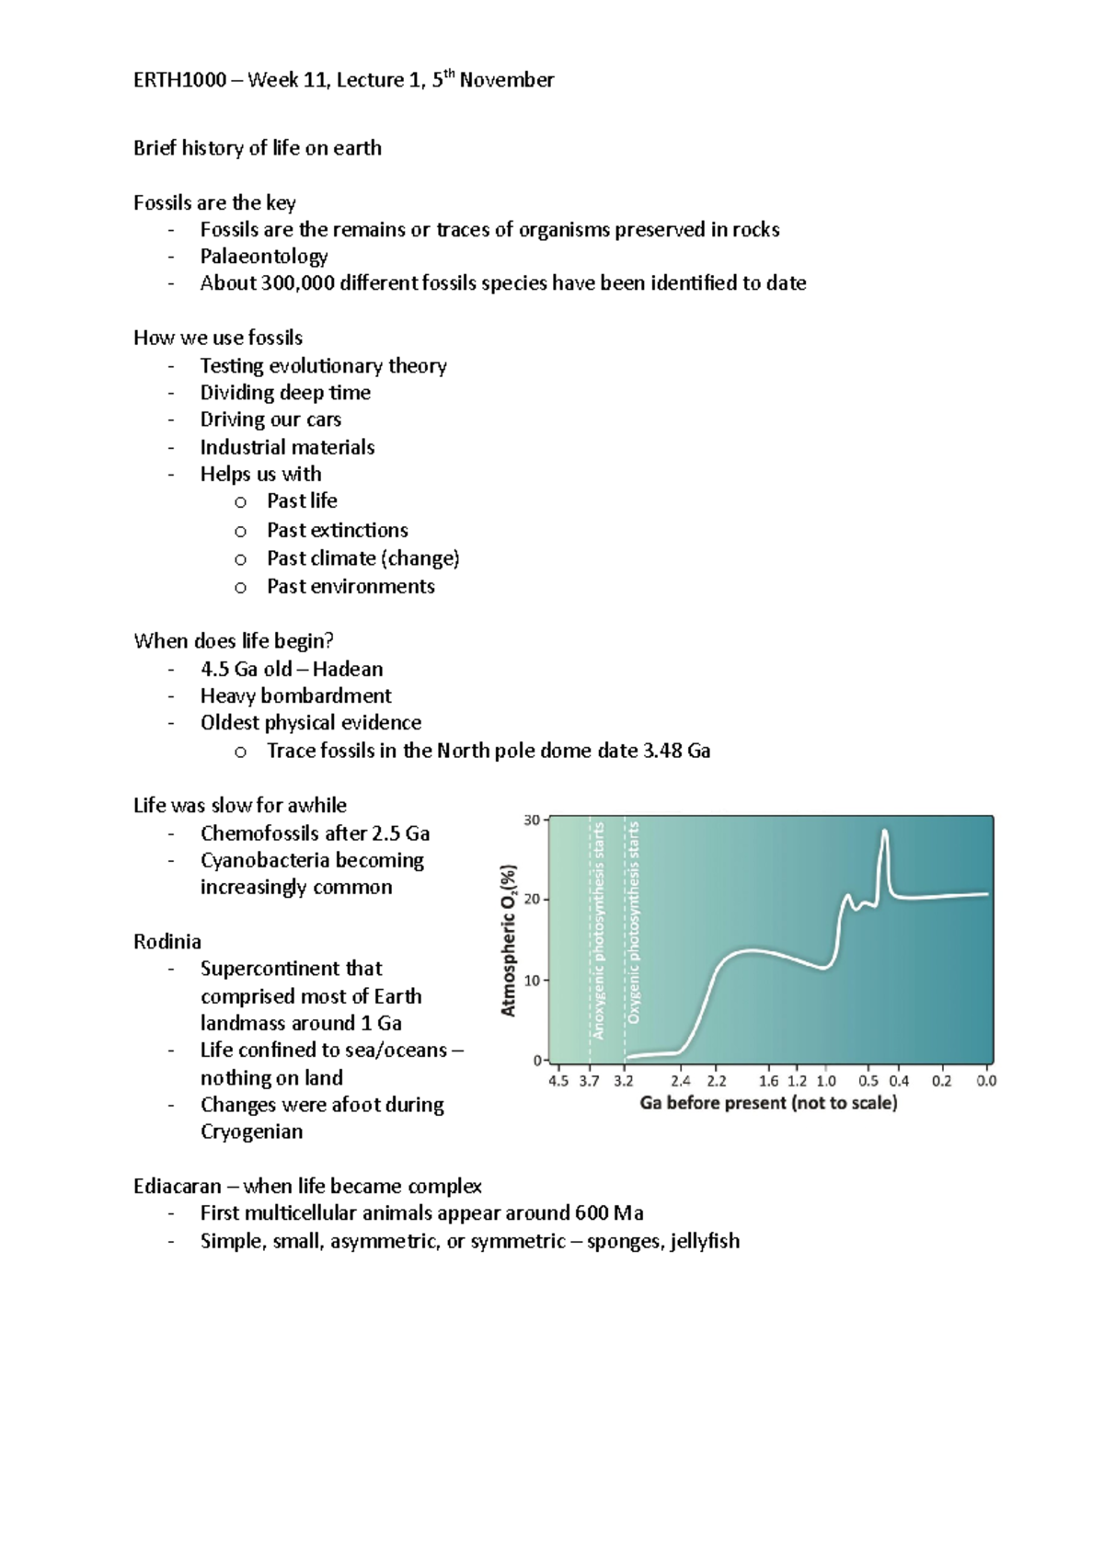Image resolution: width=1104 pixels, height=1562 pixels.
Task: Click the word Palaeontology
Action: coord(264,257)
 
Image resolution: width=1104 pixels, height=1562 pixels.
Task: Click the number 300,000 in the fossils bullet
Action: coord(298,283)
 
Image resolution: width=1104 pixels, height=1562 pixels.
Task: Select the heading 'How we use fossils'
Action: coord(218,338)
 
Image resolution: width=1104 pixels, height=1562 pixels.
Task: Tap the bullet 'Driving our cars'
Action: coord(270,419)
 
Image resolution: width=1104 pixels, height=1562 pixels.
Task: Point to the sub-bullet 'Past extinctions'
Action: coord(338,531)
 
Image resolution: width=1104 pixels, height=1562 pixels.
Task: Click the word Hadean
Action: coord(348,670)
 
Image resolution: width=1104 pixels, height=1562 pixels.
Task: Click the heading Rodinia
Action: coord(167,942)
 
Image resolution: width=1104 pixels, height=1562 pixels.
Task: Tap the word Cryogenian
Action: coord(251,1132)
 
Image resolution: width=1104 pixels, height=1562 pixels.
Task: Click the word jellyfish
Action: coord(705,1241)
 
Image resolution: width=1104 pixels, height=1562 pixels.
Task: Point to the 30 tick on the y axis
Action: coord(533,820)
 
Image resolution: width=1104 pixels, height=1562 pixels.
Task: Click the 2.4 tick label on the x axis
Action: coord(680,1081)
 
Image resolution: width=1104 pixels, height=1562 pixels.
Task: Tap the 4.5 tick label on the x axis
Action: coord(558,1081)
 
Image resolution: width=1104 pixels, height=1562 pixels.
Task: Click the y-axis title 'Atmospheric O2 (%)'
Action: coord(509,940)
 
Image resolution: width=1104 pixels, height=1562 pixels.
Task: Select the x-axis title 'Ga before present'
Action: coord(768,1103)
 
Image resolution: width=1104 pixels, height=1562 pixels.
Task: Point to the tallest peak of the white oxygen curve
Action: coord(885,832)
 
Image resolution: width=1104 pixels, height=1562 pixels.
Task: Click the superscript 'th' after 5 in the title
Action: coord(449,74)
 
